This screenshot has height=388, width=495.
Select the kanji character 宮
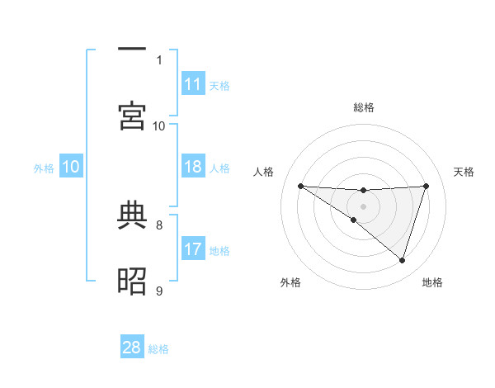point(132,116)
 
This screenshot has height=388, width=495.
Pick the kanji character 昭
point(132,282)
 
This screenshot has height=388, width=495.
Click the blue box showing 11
point(193,84)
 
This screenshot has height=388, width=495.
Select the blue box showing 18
point(193,167)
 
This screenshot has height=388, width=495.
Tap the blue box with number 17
point(193,248)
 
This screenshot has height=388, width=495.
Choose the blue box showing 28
point(132,348)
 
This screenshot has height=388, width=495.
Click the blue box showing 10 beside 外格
point(71,167)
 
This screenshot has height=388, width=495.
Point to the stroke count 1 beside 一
point(159,59)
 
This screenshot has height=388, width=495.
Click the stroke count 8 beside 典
point(159,224)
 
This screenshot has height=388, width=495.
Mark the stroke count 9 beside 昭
point(159,290)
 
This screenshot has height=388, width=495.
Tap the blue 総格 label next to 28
point(158,349)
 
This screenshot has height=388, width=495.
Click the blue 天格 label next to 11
point(219,86)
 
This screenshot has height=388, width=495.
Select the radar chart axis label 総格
point(364,107)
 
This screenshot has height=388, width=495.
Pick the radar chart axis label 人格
point(264,172)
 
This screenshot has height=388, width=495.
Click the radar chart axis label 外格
point(290,282)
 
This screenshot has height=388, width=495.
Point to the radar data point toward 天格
point(426,186)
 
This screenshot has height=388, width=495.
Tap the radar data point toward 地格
point(402,260)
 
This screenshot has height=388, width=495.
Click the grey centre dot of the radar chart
point(363,206)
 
